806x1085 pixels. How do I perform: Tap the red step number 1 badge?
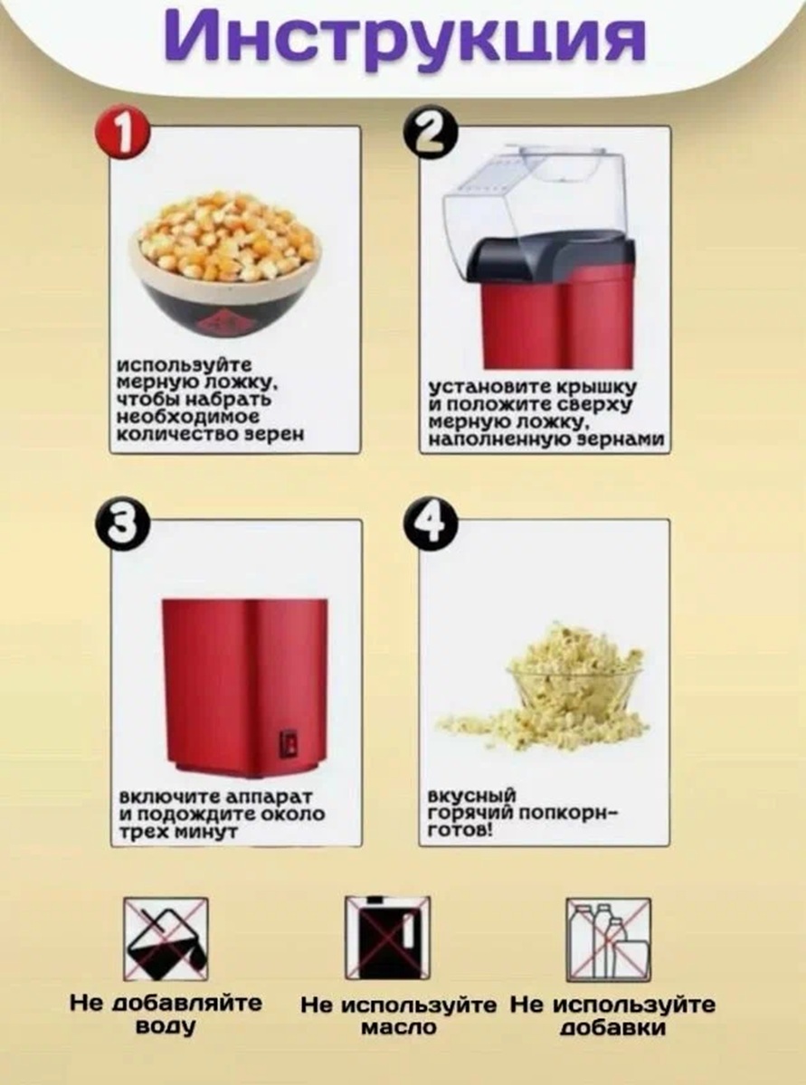pos(121,134)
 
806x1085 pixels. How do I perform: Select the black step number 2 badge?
pos(430,133)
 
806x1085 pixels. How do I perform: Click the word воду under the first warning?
pos(165,1026)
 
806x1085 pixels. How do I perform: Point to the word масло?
pos(398,1026)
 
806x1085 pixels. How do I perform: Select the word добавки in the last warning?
pos(612,1027)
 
